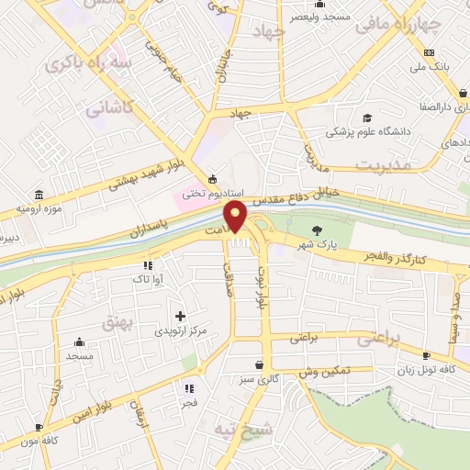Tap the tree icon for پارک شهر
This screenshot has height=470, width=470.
(x=318, y=230)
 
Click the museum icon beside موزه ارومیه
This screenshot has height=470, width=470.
(x=39, y=196)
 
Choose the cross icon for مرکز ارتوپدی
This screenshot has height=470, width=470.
(x=180, y=316)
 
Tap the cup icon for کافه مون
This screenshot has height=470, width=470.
(x=39, y=427)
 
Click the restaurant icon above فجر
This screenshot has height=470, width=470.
(x=189, y=388)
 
